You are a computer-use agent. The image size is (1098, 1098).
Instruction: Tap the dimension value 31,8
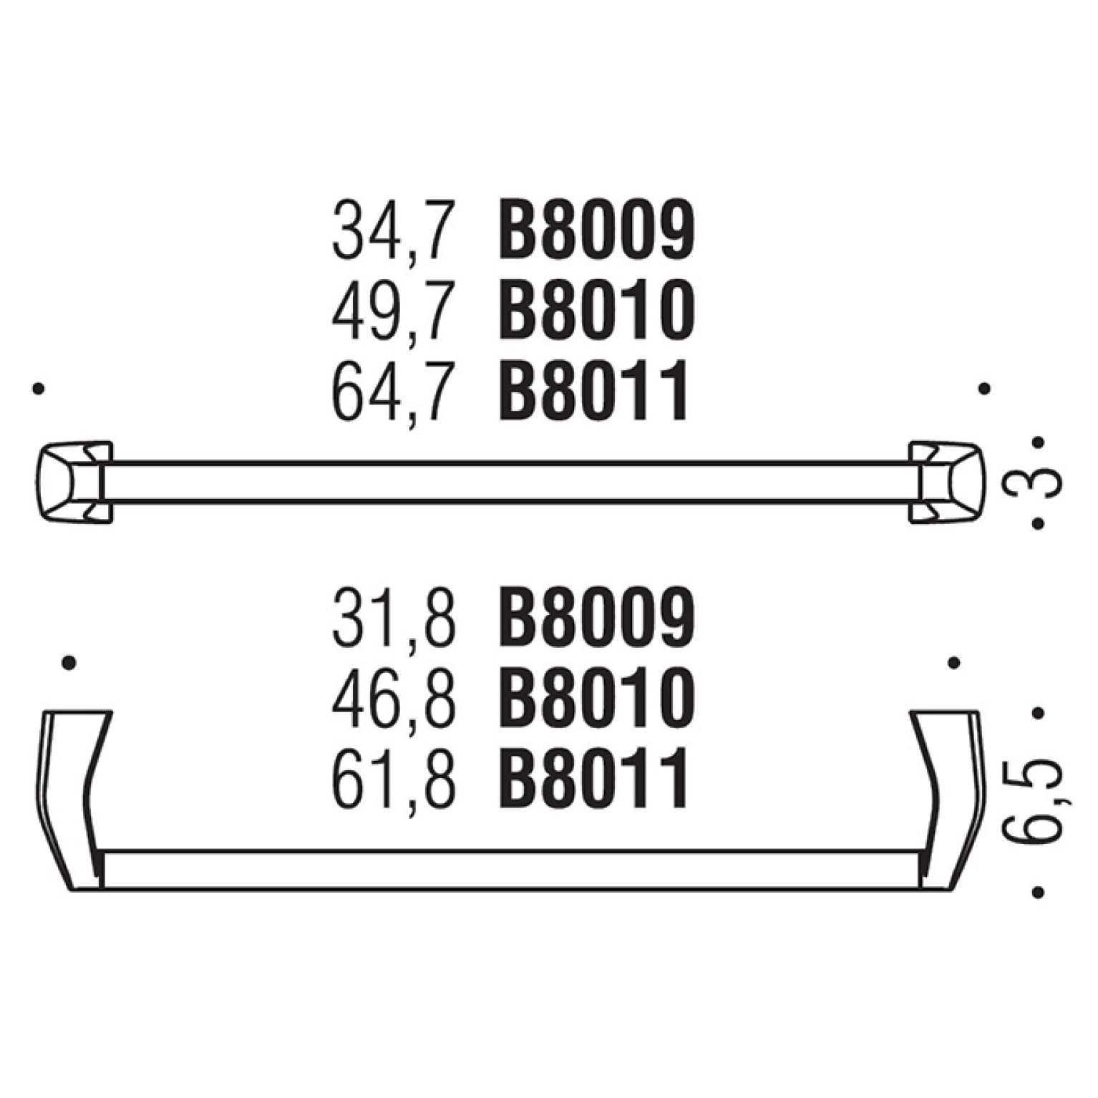[393, 617]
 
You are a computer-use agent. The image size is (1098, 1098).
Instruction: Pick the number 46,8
[393, 697]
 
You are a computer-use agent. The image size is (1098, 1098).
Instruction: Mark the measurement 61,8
[393, 778]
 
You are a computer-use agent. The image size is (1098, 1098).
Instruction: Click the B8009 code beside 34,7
[596, 230]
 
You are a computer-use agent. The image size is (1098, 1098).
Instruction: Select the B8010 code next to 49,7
[596, 311]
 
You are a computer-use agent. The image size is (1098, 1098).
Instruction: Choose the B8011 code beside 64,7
[593, 391]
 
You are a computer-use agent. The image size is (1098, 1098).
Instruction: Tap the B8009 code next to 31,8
[596, 616]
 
